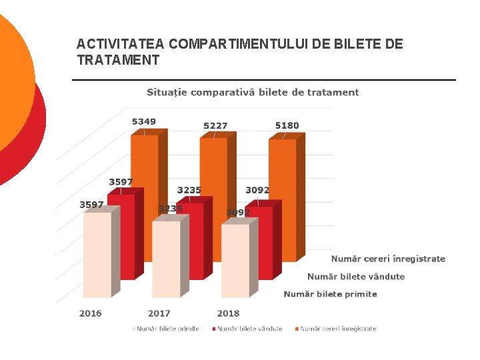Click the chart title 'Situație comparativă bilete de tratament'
[253, 93]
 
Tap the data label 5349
[144, 121]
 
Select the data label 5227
[215, 125]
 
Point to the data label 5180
[287, 125]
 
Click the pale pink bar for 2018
[235, 261]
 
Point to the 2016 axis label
[91, 313]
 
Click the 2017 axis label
[159, 313]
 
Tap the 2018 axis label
[228, 313]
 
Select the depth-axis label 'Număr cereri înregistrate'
[388, 259]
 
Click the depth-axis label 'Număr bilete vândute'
[355, 276]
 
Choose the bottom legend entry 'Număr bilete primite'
[167, 329]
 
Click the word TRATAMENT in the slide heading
[118, 61]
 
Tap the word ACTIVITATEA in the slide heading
[121, 45]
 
